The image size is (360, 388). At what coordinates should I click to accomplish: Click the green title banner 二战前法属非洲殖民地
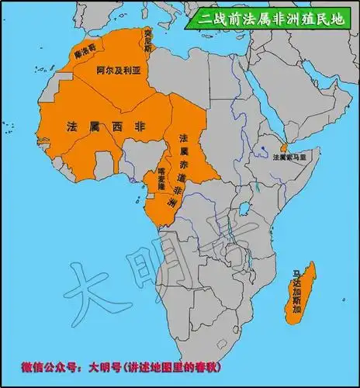pyautogui.click(x=269, y=16)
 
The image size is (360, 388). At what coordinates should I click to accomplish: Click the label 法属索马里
pyautogui.click(x=290, y=157)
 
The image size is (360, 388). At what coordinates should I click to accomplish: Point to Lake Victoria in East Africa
pyautogui.click(x=247, y=207)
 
